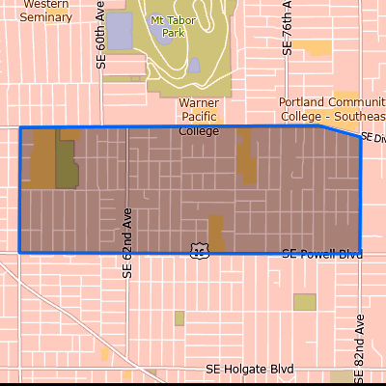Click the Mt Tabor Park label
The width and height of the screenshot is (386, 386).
pos(167,26)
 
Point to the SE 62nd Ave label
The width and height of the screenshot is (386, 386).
pos(126,241)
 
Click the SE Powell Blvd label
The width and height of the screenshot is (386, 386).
pos(322,254)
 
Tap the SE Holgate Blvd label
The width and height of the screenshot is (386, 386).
pos(249,369)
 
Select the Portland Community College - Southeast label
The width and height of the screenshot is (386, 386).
pos(332,109)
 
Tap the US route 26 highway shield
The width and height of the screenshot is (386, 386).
pos(199,250)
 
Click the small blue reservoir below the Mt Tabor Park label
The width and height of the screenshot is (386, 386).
pos(194,66)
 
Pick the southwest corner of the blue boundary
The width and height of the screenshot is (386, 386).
pos(20,253)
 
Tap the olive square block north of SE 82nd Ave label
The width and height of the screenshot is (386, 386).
pos(305,302)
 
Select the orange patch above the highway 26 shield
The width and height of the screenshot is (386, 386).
pos(216,231)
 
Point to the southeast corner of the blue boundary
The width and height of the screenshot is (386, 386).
pos(360,252)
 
